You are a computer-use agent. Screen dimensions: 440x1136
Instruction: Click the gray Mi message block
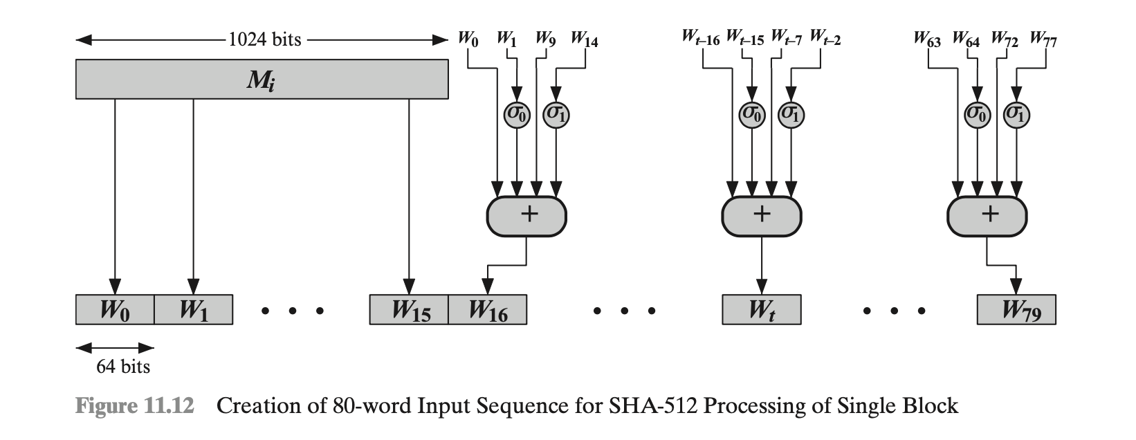tap(262, 80)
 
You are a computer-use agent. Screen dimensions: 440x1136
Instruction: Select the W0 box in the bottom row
tap(115, 310)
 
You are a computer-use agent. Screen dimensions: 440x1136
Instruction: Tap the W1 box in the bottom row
tap(193, 310)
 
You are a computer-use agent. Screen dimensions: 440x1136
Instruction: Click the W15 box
tap(410, 310)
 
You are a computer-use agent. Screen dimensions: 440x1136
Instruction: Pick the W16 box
tap(488, 310)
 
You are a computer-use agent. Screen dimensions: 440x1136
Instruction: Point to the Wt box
tap(761, 310)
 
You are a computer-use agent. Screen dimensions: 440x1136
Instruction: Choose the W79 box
tap(1016, 310)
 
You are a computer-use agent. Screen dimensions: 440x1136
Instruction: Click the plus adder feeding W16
tap(527, 215)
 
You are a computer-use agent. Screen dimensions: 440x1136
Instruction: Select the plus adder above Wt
tap(761, 215)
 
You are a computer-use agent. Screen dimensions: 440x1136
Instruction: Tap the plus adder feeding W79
tap(987, 215)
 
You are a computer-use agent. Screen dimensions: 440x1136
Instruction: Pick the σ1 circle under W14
tap(556, 114)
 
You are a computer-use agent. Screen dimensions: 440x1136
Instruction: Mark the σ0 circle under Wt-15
tap(752, 114)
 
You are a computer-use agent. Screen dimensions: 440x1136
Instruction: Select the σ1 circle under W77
tap(1016, 114)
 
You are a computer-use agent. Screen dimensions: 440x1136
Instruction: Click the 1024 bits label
tap(265, 39)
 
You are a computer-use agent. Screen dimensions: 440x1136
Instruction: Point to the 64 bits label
tap(123, 367)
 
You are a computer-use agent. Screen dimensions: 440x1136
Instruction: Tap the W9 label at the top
tap(546, 39)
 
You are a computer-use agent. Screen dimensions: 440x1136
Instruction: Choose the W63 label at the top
tap(927, 39)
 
